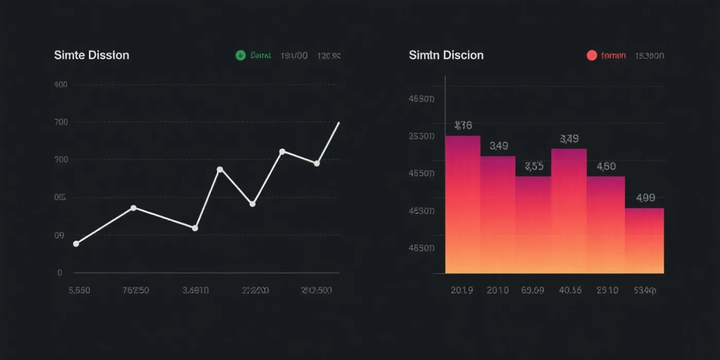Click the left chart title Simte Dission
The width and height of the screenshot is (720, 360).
click(92, 55)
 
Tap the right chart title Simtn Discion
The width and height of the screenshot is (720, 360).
click(446, 55)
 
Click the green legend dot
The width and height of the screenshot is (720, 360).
click(240, 56)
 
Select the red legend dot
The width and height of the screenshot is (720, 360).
click(591, 56)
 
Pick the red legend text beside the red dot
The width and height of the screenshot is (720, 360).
click(613, 56)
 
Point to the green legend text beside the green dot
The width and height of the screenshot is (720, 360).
click(260, 56)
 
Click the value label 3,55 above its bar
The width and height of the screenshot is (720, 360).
click(534, 166)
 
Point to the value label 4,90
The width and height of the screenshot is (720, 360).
click(645, 198)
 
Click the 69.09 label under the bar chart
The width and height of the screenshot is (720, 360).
click(532, 290)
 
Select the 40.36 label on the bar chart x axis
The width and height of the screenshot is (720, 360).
click(570, 290)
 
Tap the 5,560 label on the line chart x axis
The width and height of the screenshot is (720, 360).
click(79, 290)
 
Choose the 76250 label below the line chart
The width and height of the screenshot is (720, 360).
click(135, 290)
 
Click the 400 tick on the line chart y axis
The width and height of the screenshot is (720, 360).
click(61, 84)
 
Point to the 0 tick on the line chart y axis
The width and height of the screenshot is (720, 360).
click(60, 273)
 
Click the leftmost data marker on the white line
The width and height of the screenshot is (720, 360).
click(76, 244)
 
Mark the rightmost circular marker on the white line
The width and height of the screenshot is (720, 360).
click(317, 164)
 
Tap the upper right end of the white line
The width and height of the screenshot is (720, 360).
click(339, 123)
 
